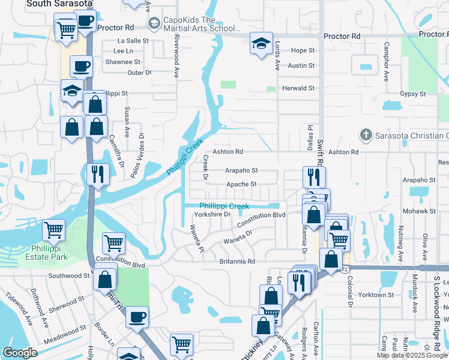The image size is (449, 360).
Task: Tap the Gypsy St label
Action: click(413, 94)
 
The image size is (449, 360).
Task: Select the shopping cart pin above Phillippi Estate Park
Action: click(54, 230)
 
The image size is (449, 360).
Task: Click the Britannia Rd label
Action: click(237, 262)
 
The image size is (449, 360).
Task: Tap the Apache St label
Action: click(241, 184)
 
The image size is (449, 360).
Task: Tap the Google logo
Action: click(20, 353)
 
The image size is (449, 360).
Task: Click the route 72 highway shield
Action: click(344, 270)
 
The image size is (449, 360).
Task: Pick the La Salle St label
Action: click(133, 41)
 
